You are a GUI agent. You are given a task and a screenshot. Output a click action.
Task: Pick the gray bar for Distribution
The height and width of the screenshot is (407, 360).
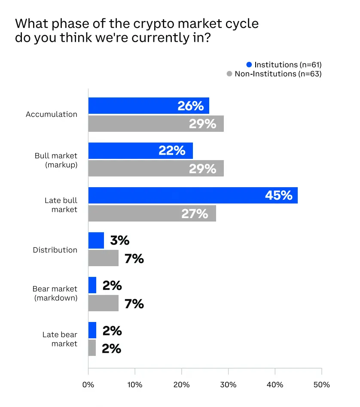[x=103, y=258]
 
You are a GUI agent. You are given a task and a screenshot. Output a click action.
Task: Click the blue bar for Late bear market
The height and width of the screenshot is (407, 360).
[x=92, y=330]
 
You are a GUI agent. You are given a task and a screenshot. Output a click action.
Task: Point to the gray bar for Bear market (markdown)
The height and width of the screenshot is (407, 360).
[x=103, y=303]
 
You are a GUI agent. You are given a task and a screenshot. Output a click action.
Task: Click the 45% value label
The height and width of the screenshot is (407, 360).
[x=278, y=195]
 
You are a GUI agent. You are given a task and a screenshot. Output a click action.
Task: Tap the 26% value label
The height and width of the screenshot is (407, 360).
[x=190, y=106]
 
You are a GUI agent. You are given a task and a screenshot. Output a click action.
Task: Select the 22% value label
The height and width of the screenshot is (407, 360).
[x=172, y=151]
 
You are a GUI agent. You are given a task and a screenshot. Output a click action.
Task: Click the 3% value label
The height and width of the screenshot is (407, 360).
[x=119, y=240]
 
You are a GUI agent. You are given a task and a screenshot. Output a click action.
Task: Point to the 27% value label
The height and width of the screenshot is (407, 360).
[x=195, y=213]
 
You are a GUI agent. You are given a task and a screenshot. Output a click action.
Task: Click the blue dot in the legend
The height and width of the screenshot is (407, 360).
[x=249, y=65]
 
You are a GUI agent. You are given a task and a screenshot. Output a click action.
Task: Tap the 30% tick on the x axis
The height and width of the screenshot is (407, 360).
[x=228, y=384]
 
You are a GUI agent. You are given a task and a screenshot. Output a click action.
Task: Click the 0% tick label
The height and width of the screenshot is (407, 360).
[x=88, y=384]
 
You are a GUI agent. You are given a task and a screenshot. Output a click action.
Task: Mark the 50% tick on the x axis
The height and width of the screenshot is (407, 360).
[x=321, y=384]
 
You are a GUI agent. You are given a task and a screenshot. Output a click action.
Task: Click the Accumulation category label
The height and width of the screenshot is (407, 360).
[x=52, y=114]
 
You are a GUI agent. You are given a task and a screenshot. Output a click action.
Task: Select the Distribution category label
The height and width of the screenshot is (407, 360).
[x=55, y=250]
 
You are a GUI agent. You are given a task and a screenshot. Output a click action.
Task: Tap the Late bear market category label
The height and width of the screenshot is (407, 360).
[x=60, y=339]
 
